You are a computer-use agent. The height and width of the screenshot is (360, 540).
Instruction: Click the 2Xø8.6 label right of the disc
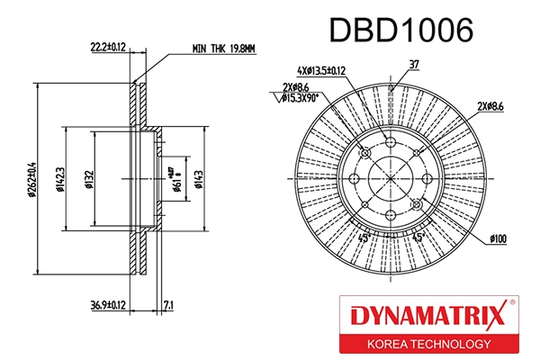pos(497,107)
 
